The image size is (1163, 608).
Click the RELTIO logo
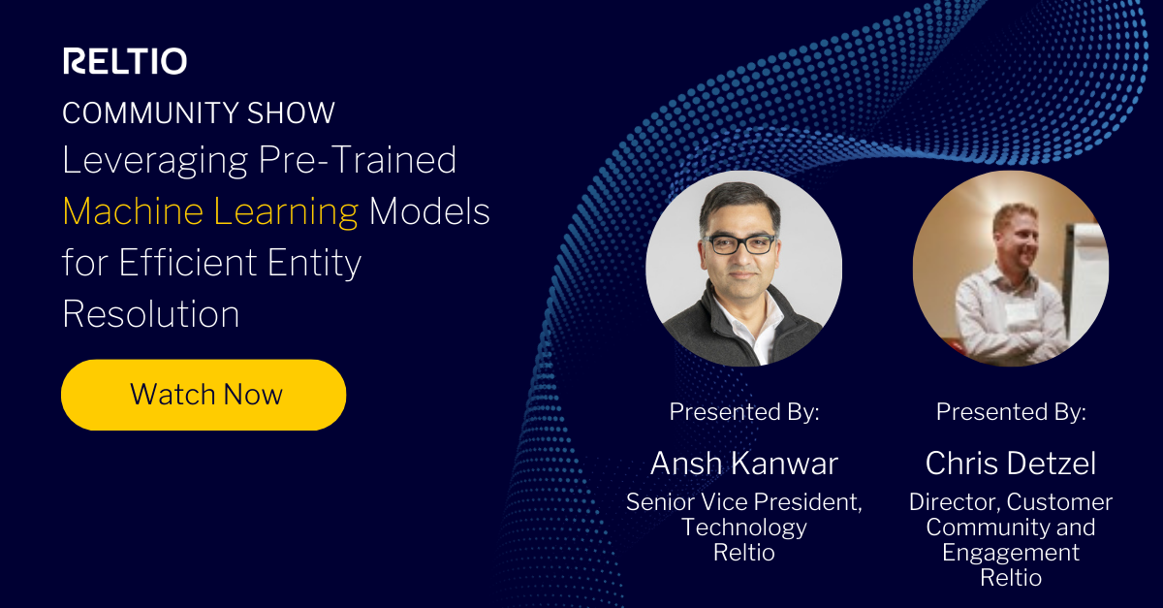tap(125, 61)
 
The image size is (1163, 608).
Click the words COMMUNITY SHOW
tap(199, 112)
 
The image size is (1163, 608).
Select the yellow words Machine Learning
tap(210, 211)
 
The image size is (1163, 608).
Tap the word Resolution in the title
tap(151, 313)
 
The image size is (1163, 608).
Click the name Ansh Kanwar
tap(743, 464)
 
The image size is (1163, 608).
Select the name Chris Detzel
tap(1010, 464)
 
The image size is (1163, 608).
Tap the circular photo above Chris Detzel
tap(1010, 269)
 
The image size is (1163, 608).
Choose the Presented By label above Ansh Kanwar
tap(743, 412)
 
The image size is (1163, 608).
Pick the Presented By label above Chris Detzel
tap(1010, 412)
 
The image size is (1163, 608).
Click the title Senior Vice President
tap(743, 502)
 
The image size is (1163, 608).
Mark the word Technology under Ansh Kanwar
tap(743, 528)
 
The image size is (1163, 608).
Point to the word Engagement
tap(1010, 553)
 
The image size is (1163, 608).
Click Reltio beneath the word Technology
tap(743, 553)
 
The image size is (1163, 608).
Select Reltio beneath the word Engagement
tap(1010, 578)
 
